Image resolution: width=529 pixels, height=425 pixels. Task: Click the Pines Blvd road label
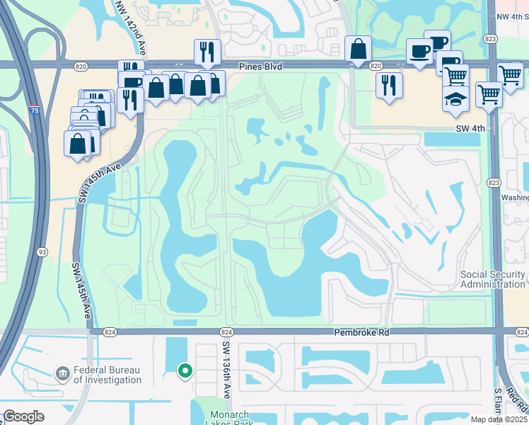tap(261, 66)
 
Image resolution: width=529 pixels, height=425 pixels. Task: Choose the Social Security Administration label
tap(492, 279)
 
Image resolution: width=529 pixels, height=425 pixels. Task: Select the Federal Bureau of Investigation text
tap(108, 375)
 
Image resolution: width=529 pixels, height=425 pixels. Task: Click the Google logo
tap(23, 416)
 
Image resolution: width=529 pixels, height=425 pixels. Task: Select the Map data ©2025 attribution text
tap(498, 419)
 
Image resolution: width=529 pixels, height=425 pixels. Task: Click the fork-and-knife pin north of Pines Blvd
tap(207, 50)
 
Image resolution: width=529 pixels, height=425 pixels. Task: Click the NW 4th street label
tap(512, 16)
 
